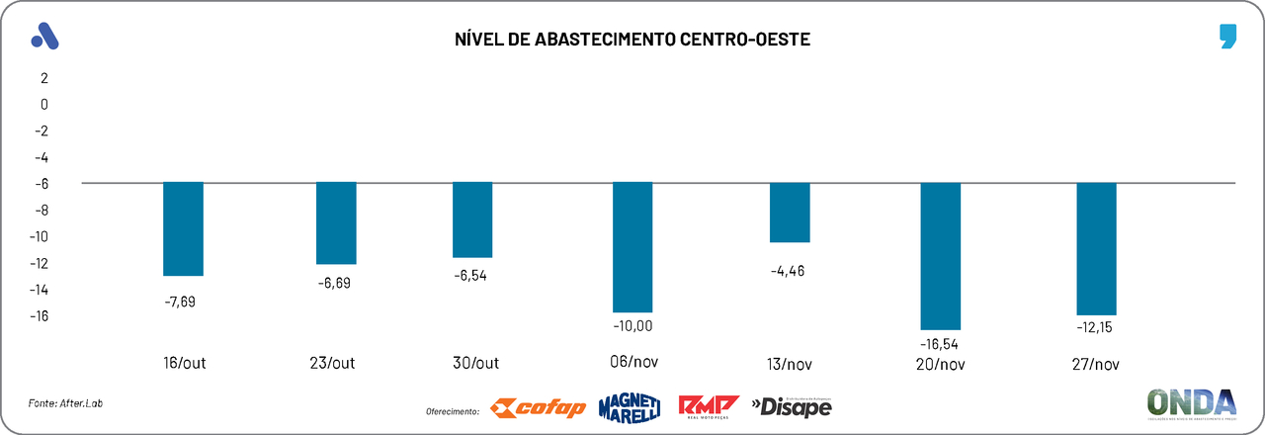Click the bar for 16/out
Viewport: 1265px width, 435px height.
(183, 229)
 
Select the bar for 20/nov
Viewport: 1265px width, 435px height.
(940, 256)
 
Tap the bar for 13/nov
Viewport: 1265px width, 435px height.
(790, 213)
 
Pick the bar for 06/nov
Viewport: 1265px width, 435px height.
(632, 247)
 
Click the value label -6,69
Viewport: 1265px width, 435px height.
(334, 283)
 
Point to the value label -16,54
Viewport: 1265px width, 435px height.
(939, 344)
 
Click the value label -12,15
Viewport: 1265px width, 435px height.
(1096, 327)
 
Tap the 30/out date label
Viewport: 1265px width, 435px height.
(472, 364)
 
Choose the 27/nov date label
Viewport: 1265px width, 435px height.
(1096, 364)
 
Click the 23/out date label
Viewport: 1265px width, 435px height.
(332, 364)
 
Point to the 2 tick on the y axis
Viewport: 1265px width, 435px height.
(43, 77)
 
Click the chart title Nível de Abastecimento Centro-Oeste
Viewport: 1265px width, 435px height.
(632, 40)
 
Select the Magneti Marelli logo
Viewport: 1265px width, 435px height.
(630, 406)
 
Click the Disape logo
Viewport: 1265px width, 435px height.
(792, 406)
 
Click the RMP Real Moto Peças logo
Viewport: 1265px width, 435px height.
(709, 406)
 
